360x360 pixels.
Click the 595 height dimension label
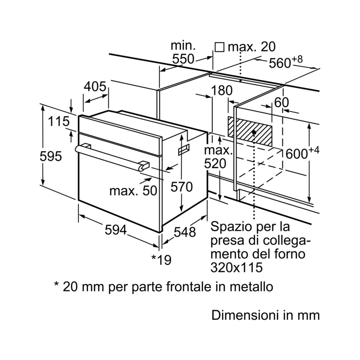point(51,156)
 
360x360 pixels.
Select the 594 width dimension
point(116,230)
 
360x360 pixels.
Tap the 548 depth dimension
point(184,232)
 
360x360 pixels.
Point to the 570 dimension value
point(181,187)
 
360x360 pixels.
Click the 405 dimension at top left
point(95,87)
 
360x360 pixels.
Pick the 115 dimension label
point(59,121)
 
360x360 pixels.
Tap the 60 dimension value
point(281,102)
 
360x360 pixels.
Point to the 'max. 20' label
point(252,46)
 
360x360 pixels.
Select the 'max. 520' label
point(215,157)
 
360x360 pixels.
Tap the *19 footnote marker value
point(161,259)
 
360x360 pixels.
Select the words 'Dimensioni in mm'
point(265,315)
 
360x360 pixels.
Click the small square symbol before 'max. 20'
point(219,47)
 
